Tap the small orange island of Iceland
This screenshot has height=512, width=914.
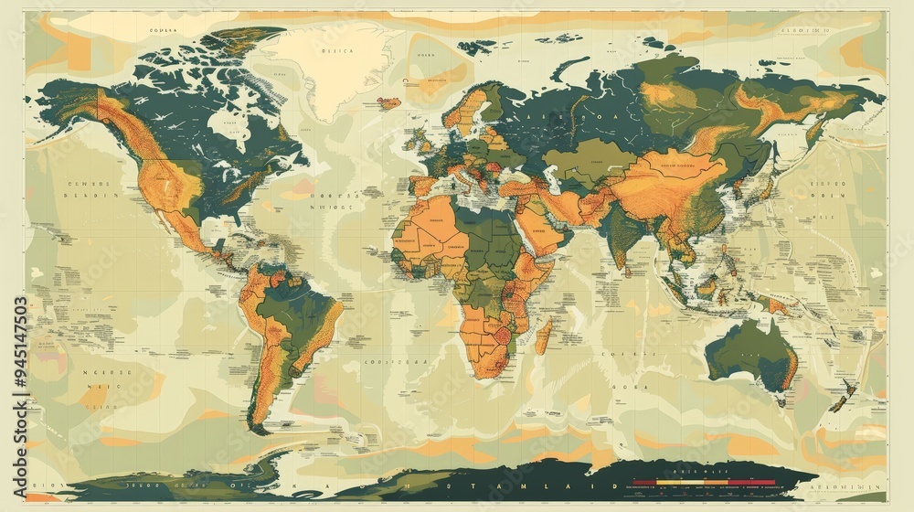pyautogui.click(x=389, y=102)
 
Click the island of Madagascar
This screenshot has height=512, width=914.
pyautogui.click(x=542, y=336)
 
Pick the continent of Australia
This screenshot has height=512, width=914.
pyautogui.click(x=749, y=352)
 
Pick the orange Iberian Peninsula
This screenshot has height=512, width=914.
pyautogui.click(x=422, y=183)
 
